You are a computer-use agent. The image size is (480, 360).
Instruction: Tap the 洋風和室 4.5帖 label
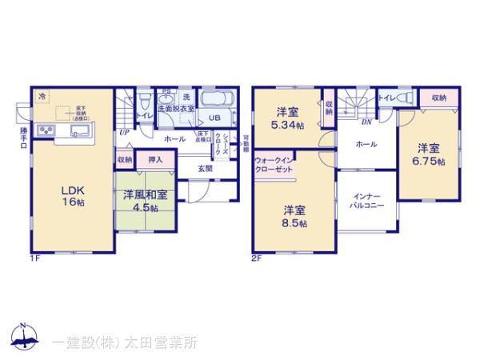(145, 200)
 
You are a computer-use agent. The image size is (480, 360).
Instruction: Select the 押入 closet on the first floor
(156, 160)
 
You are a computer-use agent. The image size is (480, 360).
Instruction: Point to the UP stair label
(125, 132)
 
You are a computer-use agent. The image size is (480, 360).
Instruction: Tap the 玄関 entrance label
(206, 168)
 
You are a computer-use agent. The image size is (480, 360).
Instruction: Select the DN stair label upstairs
(365, 122)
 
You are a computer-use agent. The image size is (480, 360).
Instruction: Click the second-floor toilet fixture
(402, 98)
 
